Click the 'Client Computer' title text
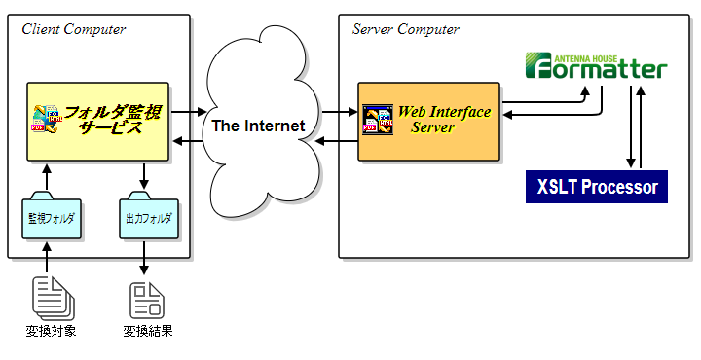(74, 29)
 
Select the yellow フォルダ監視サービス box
(97, 121)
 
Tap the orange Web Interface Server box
(429, 121)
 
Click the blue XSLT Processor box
(597, 186)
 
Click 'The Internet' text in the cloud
(259, 126)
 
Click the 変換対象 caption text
(51, 332)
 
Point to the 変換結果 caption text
(148, 332)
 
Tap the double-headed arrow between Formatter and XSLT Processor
(631, 127)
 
